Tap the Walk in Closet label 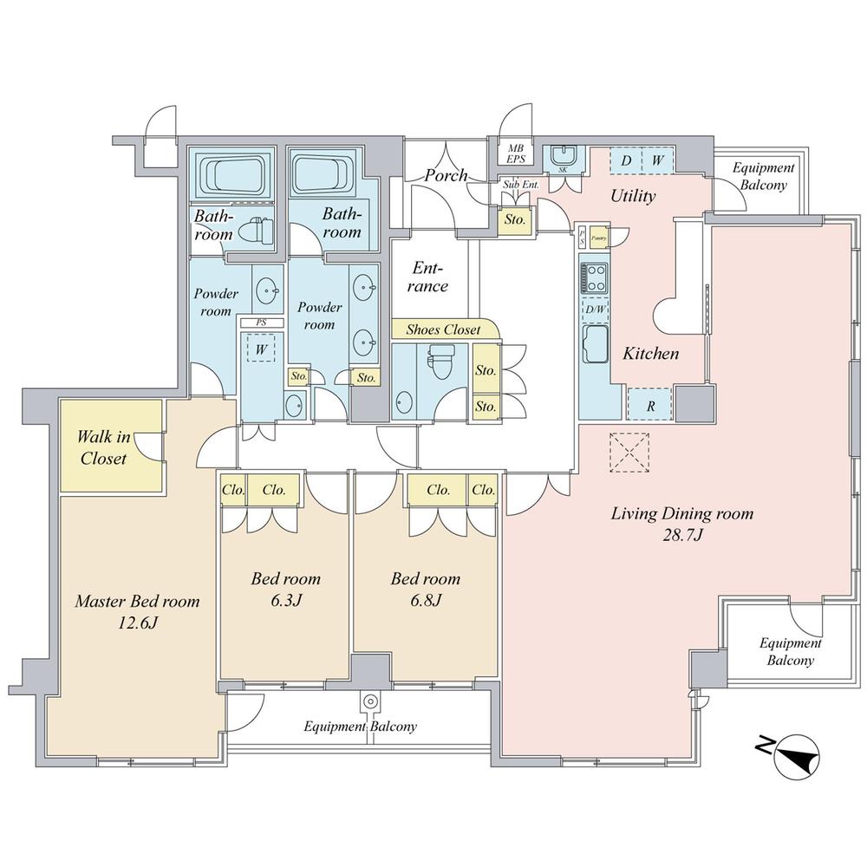103,447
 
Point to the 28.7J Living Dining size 682,535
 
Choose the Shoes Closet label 443,329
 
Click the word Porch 446,176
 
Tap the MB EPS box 515,154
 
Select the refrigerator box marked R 650,404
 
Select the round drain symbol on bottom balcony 370,701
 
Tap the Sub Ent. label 515,184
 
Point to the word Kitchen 650,354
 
